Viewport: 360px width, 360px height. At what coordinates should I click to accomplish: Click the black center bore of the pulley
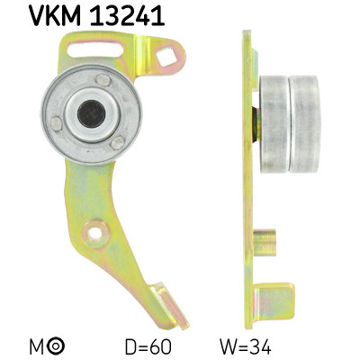pyautogui.click(x=90, y=112)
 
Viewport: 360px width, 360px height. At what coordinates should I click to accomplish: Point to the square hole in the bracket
pyautogui.click(x=167, y=59)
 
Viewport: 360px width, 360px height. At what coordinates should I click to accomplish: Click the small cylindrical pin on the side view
pyautogui.click(x=262, y=242)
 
